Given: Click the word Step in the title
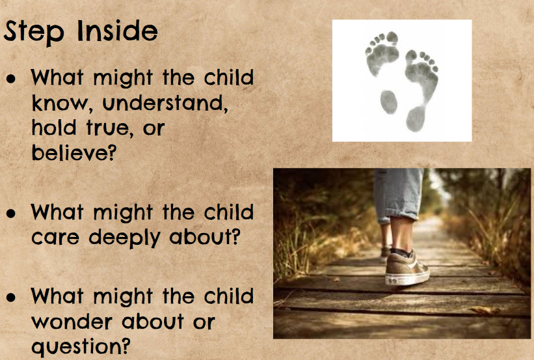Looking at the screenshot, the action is (34, 31).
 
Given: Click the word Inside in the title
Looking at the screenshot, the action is (118, 31).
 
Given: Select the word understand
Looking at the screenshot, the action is (165, 103).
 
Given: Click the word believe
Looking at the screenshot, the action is (74, 152).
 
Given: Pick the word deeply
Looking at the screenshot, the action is (124, 238).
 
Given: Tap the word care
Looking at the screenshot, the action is (55, 238).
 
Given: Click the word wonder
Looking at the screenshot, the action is (72, 322).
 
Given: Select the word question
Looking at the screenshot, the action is (81, 347).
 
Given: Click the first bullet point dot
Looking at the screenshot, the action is (11, 78).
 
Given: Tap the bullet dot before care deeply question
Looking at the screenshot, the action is (11, 214).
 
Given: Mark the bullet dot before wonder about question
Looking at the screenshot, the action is (11, 297).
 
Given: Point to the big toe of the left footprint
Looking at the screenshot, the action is (392, 37).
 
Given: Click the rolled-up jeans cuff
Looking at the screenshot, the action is (399, 214).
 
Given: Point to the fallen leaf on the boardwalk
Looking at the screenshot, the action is (484, 310).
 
